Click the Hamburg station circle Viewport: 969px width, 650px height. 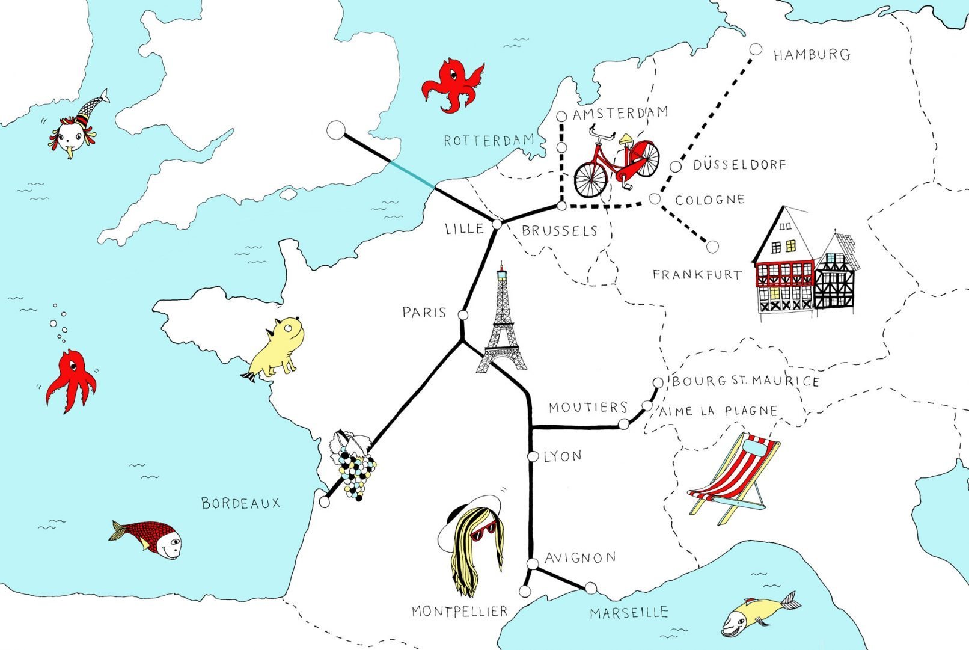click(756, 49)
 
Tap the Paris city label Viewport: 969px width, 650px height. click(424, 313)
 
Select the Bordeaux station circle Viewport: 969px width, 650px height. click(325, 502)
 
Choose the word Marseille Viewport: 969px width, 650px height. click(629, 613)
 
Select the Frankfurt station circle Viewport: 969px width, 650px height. click(712, 246)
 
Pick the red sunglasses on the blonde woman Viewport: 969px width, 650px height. click(484, 532)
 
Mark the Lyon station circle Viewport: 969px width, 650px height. click(533, 456)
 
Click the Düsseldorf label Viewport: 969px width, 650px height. click(739, 165)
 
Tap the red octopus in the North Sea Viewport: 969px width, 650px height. click(453, 85)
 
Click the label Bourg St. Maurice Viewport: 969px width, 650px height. click(745, 381)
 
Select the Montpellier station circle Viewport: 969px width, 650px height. click(525, 592)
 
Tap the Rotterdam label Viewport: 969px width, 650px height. click(489, 141)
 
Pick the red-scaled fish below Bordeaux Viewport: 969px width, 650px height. click(147, 538)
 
